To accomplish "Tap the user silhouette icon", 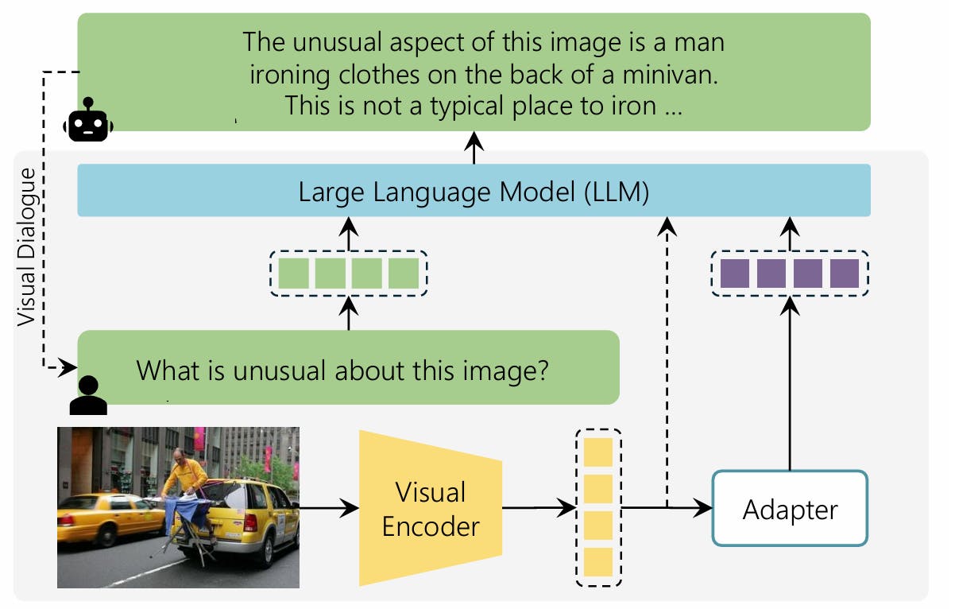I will [x=88, y=394].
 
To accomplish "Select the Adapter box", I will [x=790, y=509].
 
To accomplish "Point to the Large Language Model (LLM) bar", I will [x=474, y=191].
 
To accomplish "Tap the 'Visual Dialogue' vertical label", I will [x=27, y=246].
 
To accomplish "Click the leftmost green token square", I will [x=293, y=273].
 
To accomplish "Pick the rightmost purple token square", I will [x=845, y=273].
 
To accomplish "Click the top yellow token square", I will [x=597, y=452].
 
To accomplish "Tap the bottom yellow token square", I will [x=597, y=561].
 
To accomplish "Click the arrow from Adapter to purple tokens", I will [x=790, y=382].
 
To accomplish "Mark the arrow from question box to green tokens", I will [x=348, y=313].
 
